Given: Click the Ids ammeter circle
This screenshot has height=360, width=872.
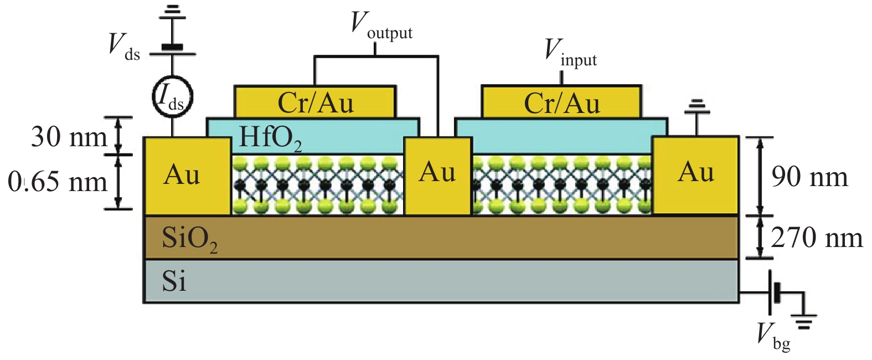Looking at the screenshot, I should pos(172,97).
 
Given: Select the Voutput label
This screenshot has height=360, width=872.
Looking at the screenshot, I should pos(381,27).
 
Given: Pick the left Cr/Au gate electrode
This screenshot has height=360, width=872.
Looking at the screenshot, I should pos(315,102).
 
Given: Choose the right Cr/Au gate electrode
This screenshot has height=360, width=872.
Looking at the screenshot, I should pos(561,102).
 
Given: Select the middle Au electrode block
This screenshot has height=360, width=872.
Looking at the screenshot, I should pos(437,176).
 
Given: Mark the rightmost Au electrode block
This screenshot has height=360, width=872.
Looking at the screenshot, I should pos(695,174).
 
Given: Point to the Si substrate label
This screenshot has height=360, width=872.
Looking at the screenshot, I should pos(174,281).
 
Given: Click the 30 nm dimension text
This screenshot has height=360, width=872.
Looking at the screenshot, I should pos(69,137).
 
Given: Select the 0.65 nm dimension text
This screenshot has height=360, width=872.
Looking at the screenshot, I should pos(58,182).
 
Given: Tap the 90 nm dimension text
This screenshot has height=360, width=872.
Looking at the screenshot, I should pos(809,177).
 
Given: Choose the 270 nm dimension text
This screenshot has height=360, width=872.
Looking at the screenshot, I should pos(817,238).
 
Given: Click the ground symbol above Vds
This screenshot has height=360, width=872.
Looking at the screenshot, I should pos(173,12).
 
